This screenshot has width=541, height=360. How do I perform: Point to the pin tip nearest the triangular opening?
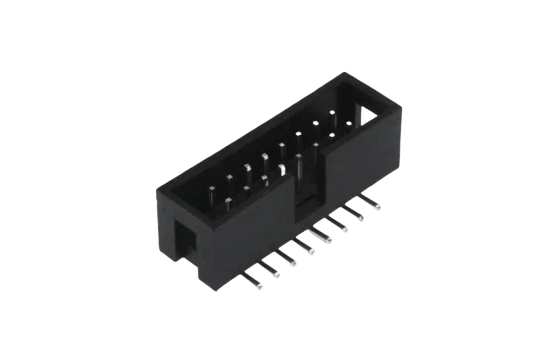(x=349, y=124)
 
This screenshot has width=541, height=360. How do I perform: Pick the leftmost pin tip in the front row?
(x=228, y=201)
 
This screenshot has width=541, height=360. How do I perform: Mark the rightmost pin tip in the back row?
(x=332, y=112)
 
